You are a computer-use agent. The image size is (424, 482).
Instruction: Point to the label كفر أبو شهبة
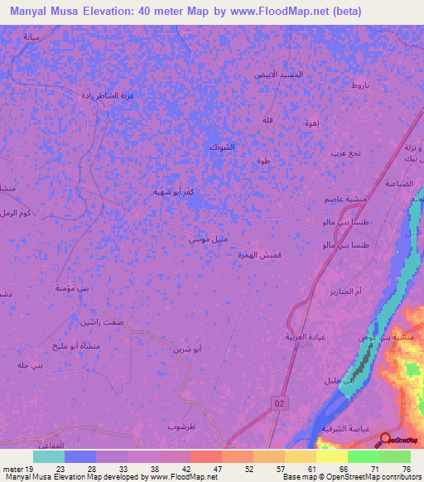[172, 191]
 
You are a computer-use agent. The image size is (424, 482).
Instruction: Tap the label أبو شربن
[185, 349]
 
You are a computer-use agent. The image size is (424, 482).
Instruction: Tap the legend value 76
[407, 468]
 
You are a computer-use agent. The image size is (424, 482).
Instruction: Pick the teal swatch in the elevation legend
[49, 456]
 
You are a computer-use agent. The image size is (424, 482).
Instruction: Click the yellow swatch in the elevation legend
[331, 456]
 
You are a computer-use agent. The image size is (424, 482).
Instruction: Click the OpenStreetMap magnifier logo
[387, 440]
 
